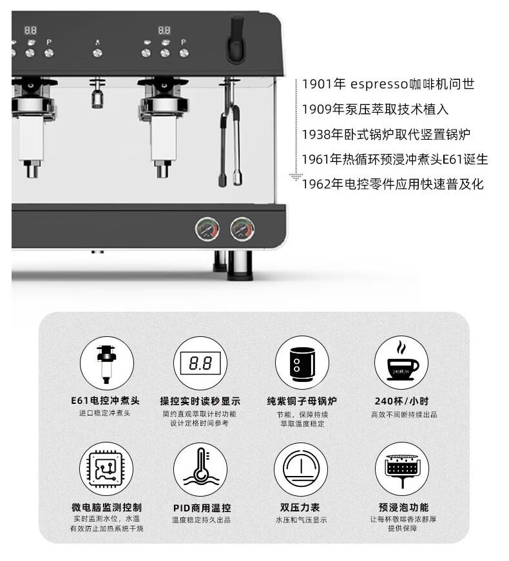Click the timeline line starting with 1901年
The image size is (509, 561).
(x=388, y=84)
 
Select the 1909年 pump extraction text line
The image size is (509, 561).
(x=375, y=109)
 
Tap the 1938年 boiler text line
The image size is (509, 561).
(x=386, y=135)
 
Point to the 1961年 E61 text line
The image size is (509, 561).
(x=395, y=159)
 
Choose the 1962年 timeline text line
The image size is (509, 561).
(x=392, y=184)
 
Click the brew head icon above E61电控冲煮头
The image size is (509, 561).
(x=107, y=363)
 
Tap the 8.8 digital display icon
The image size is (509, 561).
(x=200, y=363)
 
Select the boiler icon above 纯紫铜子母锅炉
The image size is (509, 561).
(x=302, y=363)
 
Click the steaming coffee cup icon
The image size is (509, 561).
(x=401, y=363)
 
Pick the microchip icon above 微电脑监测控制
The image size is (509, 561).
(x=106, y=469)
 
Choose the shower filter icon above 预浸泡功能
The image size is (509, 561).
(x=402, y=469)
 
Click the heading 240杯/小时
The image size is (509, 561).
(x=401, y=401)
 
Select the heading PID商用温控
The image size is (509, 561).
(x=202, y=508)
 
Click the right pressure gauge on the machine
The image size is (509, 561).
(x=242, y=229)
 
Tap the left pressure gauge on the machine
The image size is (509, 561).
(x=207, y=229)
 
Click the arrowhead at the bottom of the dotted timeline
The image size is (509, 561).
(x=296, y=176)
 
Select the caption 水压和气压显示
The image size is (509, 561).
(x=301, y=520)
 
